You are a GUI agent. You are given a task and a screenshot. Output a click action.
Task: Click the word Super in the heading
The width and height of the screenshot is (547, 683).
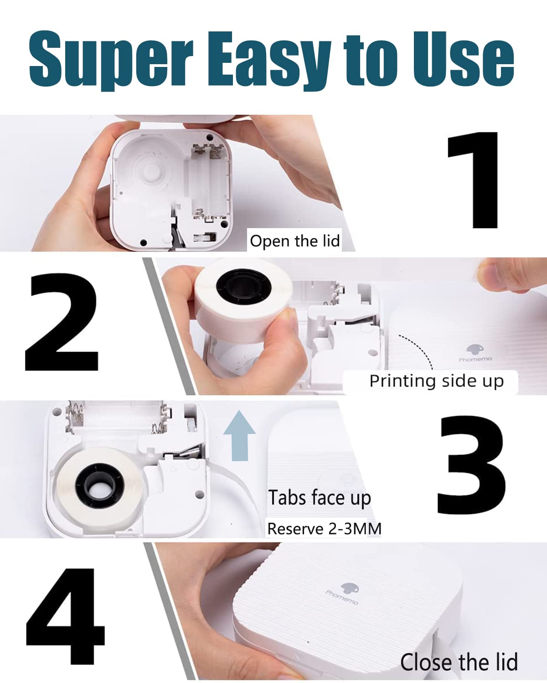(x=111, y=60)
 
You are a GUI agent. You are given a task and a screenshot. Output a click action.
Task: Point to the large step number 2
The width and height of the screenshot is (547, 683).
(x=62, y=321)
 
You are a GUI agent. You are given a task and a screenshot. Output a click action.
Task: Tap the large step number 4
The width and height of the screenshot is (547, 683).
(x=65, y=616)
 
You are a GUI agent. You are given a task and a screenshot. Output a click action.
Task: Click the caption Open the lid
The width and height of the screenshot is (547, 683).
(x=294, y=241)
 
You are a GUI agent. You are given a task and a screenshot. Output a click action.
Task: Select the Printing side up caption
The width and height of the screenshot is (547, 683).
(x=436, y=381)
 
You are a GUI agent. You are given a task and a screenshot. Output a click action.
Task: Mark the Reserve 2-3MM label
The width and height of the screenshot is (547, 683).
(x=324, y=529)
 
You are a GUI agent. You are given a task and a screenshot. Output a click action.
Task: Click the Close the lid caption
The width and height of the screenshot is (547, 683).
(x=459, y=662)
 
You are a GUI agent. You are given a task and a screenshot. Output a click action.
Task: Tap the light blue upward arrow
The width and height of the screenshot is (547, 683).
(x=239, y=435)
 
